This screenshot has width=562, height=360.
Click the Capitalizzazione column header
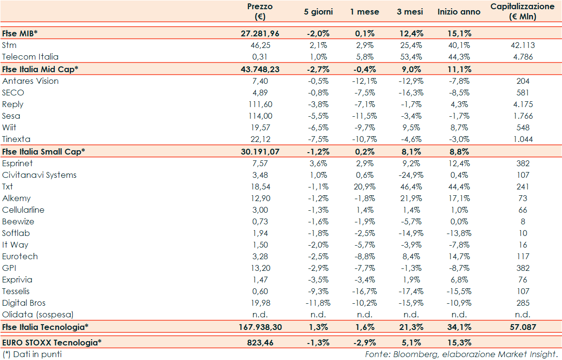(522, 12)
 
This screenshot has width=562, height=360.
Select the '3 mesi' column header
(410, 12)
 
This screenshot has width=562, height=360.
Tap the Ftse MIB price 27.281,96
(260, 33)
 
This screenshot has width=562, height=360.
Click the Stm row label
(9, 45)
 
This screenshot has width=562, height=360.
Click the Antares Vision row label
(31, 81)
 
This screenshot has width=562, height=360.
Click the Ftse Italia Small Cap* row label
(44, 151)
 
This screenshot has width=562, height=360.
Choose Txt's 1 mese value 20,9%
(365, 187)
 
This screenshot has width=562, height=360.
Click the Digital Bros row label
(24, 303)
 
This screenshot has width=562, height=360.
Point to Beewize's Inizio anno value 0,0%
(458, 221)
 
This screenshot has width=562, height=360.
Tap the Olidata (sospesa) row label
(38, 314)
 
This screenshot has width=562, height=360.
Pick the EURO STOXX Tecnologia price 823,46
(260, 343)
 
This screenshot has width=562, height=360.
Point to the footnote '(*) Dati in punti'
(32, 354)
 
